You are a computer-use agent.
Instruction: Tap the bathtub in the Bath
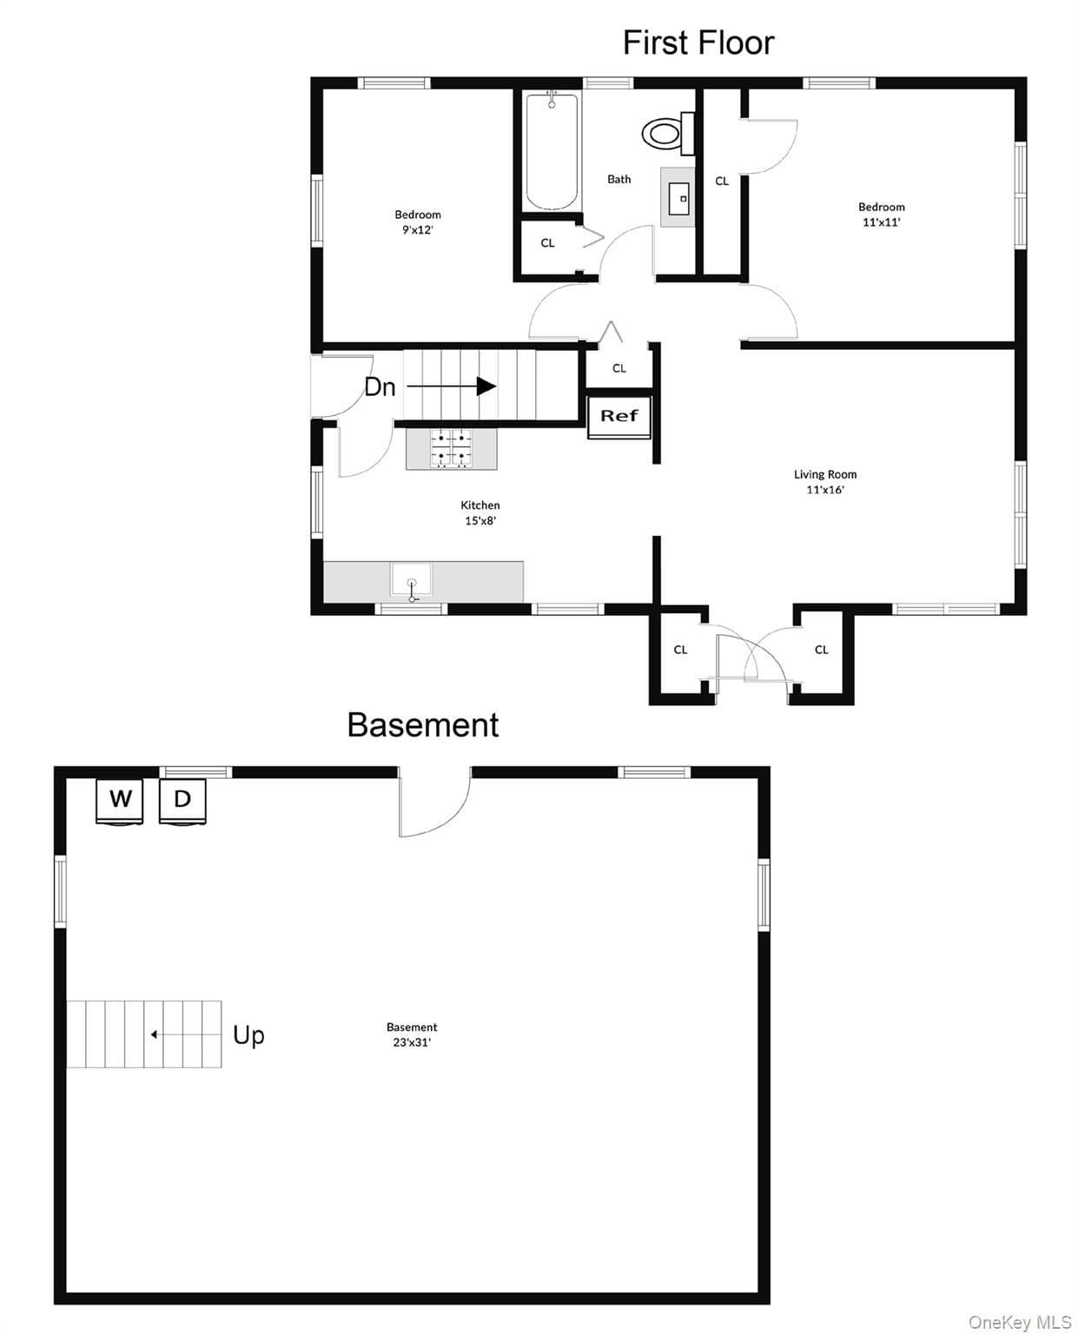552,151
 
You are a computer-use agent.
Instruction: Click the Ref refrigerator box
618,416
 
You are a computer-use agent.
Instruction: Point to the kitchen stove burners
451,448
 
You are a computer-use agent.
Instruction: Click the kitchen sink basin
411,579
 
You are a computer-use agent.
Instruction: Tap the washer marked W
120,801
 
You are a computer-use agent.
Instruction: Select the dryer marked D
182,801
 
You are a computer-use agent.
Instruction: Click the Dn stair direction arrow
452,386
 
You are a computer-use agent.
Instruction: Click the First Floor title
698,43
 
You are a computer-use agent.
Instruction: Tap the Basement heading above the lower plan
423,724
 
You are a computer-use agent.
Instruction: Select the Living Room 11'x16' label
825,482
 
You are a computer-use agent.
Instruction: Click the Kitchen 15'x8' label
480,512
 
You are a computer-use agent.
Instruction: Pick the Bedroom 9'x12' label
418,221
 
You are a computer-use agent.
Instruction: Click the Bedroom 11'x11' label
882,215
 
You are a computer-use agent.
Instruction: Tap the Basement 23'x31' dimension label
412,1034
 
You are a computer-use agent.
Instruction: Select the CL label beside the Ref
618,368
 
